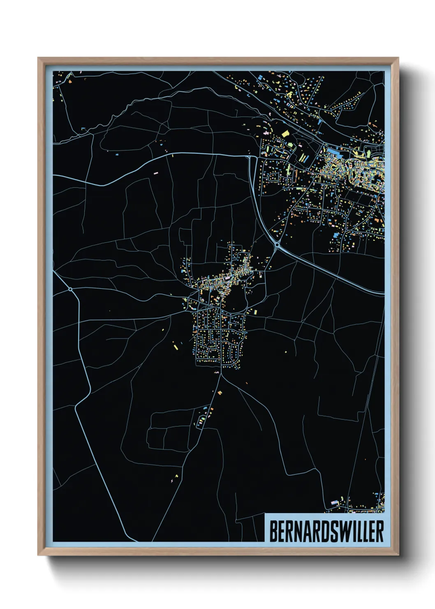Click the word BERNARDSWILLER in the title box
click(326, 531)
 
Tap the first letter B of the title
click(273, 531)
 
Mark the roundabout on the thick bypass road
click(277, 245)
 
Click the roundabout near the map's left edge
click(71, 289)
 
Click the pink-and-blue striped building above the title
click(334, 502)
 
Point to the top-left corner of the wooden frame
click(38, 58)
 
